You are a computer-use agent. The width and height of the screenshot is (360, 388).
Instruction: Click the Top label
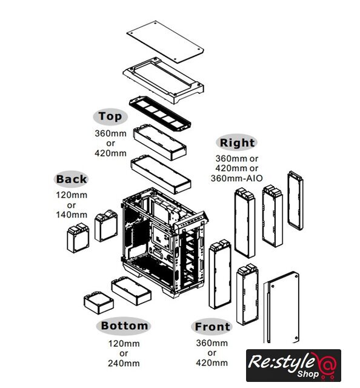pyautogui.click(x=110, y=116)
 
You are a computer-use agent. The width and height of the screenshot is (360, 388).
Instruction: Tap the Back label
pyautogui.click(x=72, y=179)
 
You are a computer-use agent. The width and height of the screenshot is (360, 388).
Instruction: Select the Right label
pyautogui.click(x=237, y=142)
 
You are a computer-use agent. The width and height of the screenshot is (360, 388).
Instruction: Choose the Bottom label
pyautogui.click(x=124, y=326)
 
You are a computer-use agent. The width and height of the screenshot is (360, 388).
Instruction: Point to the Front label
pyautogui.click(x=212, y=327)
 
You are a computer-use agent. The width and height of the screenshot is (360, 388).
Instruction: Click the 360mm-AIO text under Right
pyautogui.click(x=236, y=178)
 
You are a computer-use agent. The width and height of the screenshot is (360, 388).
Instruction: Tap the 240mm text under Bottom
pyautogui.click(x=124, y=363)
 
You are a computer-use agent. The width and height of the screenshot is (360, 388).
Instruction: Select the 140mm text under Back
pyautogui.click(x=72, y=215)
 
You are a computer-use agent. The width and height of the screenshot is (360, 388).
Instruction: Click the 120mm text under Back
pyautogui.click(x=72, y=195)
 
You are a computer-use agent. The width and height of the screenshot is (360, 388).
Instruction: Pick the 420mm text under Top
pyautogui.click(x=110, y=153)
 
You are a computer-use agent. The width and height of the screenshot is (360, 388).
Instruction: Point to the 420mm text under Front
pyautogui.click(x=212, y=363)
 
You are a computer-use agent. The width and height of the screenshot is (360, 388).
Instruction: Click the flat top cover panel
pyautogui.click(x=165, y=42)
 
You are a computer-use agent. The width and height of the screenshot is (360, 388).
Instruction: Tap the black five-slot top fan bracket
pyautogui.click(x=160, y=114)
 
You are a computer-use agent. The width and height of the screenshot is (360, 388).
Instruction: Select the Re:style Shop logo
pyautogui.click(x=293, y=366)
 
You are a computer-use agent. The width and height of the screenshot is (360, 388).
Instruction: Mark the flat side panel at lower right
pyautogui.click(x=281, y=308)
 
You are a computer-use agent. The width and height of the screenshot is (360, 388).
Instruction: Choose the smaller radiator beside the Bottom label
pyautogui.click(x=99, y=303)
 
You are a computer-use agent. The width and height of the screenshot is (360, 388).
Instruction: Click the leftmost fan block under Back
pyautogui.click(x=78, y=238)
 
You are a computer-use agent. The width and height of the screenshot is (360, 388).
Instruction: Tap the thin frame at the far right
pyautogui.click(x=295, y=201)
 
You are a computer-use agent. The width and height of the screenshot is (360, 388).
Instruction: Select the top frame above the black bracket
pyautogui.click(x=163, y=81)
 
